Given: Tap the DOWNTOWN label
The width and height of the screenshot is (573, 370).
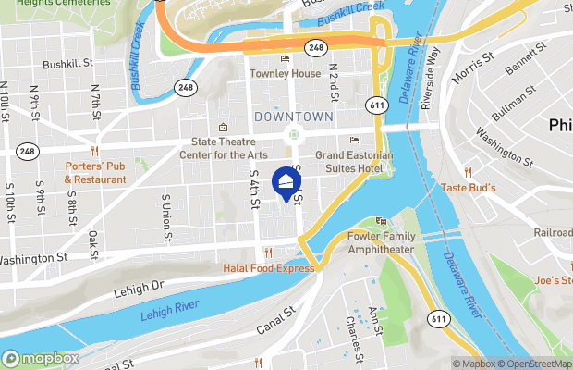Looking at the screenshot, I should pyautogui.click(x=293, y=117).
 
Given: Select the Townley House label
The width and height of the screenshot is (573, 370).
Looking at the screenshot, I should pyautogui.click(x=285, y=73).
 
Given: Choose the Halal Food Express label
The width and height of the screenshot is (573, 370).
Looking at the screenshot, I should pyautogui.click(x=268, y=268).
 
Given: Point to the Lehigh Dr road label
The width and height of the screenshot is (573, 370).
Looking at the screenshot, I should pyautogui.click(x=139, y=289).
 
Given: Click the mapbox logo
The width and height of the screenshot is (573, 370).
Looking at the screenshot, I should pyautogui.click(x=40, y=358).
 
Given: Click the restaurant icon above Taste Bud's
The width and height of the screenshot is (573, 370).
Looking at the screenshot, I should pyautogui.click(x=469, y=172).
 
